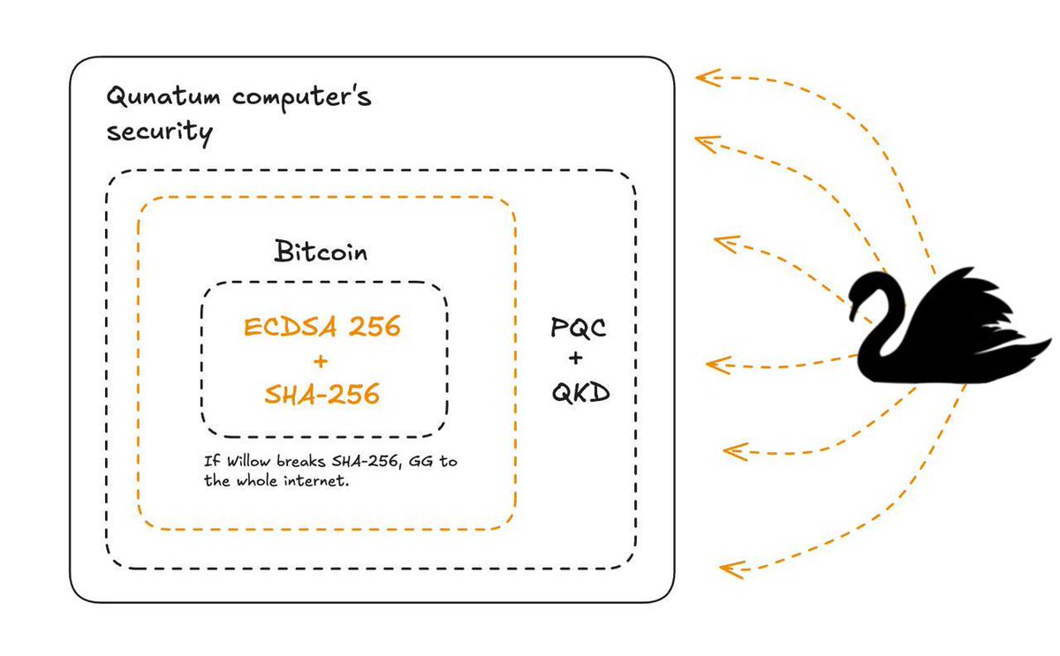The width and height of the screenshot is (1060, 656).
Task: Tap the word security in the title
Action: pyautogui.click(x=159, y=132)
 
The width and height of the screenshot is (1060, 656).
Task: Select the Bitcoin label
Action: pyautogui.click(x=321, y=253)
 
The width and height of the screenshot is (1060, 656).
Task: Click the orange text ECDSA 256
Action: pyautogui.click(x=322, y=328)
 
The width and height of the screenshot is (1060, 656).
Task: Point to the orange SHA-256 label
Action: pyautogui.click(x=322, y=394)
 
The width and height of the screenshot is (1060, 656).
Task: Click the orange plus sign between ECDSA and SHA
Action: pyautogui.click(x=321, y=361)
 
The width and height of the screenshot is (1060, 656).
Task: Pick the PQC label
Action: pyautogui.click(x=579, y=329)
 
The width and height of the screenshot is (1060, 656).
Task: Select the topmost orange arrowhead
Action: pyautogui.click(x=703, y=78)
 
